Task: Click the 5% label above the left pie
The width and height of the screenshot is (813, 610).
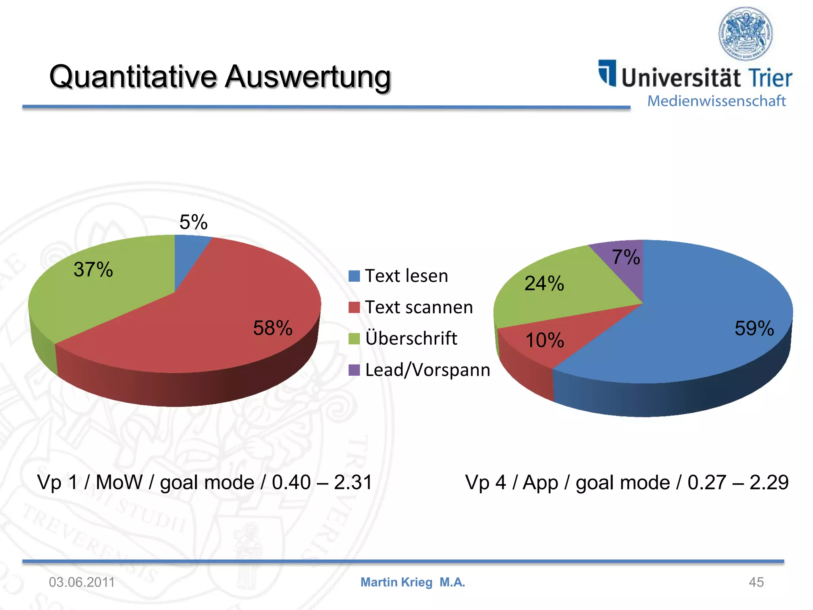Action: click(193, 222)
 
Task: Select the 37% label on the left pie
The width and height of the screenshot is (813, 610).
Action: click(93, 270)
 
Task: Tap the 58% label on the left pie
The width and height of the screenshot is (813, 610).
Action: click(273, 328)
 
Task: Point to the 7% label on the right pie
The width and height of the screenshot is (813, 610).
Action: click(626, 257)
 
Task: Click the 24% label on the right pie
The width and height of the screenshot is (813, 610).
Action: click(544, 284)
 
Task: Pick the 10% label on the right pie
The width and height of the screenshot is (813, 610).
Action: click(545, 340)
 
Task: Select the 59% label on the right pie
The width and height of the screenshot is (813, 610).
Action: click(754, 328)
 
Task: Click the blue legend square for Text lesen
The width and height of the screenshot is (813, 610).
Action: click(354, 276)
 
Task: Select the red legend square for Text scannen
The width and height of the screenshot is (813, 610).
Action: click(354, 307)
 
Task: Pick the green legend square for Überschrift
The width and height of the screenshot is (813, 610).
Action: click(354, 339)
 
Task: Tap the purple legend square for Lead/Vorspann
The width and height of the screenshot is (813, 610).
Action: click(354, 370)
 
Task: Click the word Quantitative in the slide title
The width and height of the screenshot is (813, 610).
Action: click(133, 76)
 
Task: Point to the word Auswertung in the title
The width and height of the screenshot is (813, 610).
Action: click(308, 76)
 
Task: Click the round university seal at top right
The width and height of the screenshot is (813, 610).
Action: click(746, 34)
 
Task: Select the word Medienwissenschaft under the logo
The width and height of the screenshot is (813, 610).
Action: click(717, 101)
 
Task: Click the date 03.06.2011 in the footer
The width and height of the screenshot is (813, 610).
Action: click(82, 582)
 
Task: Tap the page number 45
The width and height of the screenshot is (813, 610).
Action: click(756, 582)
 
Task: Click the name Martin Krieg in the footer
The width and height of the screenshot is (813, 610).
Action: click(396, 582)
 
